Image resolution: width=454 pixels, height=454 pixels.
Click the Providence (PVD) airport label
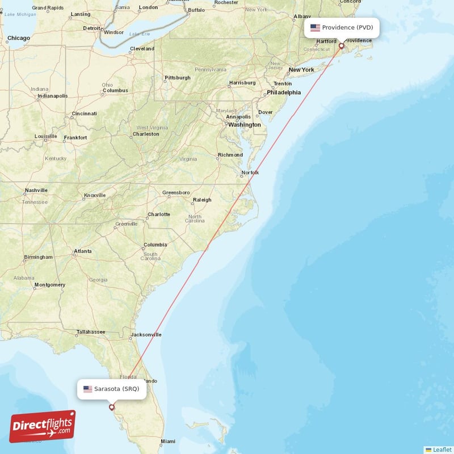(x=342, y=27)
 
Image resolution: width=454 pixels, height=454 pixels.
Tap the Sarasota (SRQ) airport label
(x=112, y=389)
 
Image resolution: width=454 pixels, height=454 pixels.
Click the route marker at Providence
(x=341, y=46)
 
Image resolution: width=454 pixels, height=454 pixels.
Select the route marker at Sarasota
(x=112, y=407)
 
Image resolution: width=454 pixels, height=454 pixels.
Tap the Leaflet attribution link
(x=439, y=449)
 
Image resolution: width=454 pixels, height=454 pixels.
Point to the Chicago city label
(x=19, y=38)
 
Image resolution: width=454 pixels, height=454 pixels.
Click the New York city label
(x=301, y=70)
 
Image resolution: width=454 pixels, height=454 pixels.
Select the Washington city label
(x=245, y=125)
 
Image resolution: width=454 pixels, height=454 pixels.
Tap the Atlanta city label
(x=83, y=251)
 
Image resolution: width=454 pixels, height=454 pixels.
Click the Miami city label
(x=167, y=441)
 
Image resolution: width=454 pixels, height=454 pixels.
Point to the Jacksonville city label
(x=146, y=335)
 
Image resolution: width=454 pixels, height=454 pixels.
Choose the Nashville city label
(x=36, y=190)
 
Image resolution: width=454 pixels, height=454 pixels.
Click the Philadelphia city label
(x=284, y=92)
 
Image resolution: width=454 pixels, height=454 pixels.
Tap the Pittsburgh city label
(x=177, y=77)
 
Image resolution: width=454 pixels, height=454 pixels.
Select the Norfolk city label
(x=250, y=173)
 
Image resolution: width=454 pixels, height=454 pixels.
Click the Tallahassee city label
(x=91, y=331)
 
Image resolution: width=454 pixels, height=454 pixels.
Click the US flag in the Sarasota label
(x=87, y=389)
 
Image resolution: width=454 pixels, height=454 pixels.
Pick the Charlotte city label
(x=159, y=215)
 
